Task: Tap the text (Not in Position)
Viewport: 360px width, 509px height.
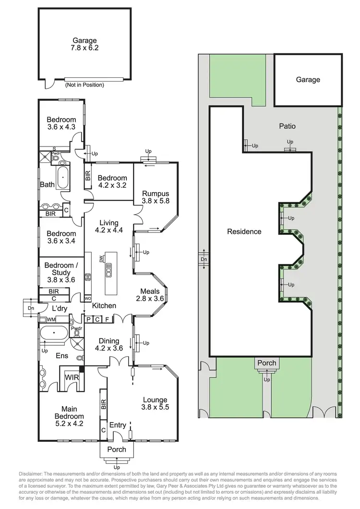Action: point(84,85)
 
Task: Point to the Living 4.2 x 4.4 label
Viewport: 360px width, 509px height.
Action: point(109,226)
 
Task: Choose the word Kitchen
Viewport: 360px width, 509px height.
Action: point(104,305)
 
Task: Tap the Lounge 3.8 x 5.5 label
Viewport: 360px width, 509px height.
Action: point(155,404)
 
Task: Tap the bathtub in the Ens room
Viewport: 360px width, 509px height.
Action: point(54,332)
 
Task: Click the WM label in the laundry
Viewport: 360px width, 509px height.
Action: point(50,319)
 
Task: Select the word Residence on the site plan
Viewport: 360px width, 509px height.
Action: point(244,231)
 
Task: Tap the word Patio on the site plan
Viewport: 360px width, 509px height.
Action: point(287,126)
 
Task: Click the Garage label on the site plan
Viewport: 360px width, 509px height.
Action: point(308,80)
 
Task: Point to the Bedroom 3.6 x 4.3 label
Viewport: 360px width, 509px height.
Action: point(61,124)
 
